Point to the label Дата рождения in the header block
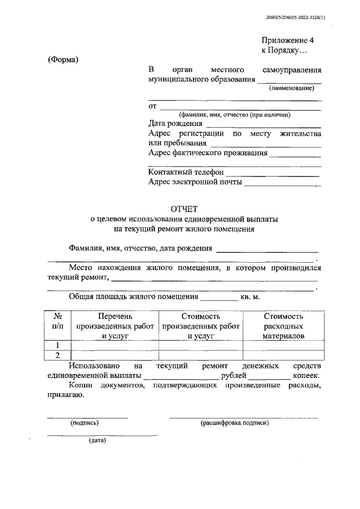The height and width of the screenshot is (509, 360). (175, 124)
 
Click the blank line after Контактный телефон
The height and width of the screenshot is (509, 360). (273, 173)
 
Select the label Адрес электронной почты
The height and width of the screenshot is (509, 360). (195, 182)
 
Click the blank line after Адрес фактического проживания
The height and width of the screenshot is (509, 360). (295, 153)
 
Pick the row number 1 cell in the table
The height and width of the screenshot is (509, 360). (57, 345)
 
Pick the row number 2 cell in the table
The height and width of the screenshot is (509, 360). (57, 355)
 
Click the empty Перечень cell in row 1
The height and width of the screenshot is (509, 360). (115, 345)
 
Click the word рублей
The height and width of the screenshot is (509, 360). (233, 376)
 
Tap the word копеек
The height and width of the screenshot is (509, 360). (305, 376)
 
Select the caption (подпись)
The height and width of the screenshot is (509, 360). (84, 422)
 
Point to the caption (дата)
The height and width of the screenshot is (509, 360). (97, 440)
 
